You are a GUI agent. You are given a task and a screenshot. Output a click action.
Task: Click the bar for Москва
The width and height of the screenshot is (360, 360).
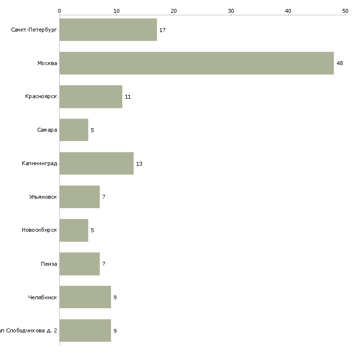tap(196, 63)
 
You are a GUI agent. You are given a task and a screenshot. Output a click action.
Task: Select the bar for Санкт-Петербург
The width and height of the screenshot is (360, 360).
tap(108, 30)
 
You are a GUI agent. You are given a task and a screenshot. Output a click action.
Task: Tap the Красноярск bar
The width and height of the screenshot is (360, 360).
tap(91, 97)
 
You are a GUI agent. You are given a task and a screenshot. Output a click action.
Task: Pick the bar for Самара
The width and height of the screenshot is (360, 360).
tap(74, 130)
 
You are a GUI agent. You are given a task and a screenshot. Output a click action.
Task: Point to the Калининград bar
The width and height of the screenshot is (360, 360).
tap(96, 163)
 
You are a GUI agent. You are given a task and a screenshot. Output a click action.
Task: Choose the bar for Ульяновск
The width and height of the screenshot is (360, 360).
tap(79, 197)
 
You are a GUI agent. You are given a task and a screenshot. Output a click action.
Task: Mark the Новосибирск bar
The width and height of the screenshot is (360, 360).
tap(74, 230)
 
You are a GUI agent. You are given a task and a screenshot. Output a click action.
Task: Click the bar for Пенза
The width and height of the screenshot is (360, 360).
tap(79, 264)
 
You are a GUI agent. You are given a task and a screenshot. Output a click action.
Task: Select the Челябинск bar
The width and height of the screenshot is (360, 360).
tap(85, 297)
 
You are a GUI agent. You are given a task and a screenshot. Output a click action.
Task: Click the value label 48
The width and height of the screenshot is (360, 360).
tap(340, 64)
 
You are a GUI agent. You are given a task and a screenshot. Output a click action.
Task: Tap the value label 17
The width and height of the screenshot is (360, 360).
tap(162, 30)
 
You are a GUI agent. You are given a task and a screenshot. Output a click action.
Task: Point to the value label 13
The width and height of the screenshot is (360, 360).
tap(139, 164)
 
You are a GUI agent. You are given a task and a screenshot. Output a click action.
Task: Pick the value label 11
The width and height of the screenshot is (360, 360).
tap(128, 97)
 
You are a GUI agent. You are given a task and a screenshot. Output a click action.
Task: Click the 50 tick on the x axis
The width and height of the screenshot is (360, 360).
tap(345, 10)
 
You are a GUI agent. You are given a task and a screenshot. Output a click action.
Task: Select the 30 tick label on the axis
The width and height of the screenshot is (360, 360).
tap(231, 10)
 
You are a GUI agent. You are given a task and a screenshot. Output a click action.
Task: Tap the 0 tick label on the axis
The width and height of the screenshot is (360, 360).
tap(59, 10)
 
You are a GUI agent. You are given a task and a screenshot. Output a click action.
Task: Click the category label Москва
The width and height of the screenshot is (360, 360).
tap(47, 63)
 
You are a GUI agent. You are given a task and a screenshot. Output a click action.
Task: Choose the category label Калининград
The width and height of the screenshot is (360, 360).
tap(39, 164)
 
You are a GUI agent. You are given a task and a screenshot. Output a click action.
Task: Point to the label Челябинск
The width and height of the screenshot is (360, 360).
tap(43, 297)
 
